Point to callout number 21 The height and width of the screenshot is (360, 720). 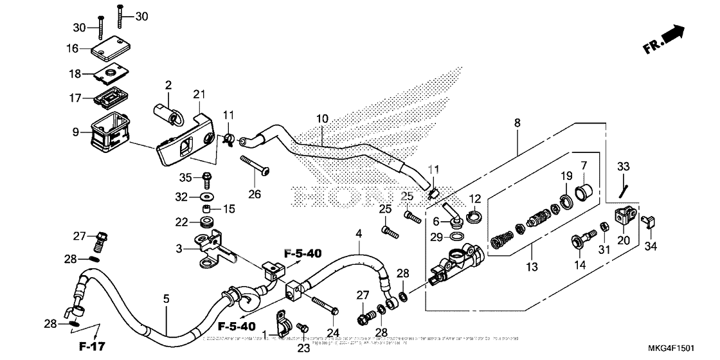click(198, 95)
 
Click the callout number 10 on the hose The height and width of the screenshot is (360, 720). click(322, 119)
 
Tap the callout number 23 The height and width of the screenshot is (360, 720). click(304, 348)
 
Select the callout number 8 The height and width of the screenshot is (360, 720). click(518, 122)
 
